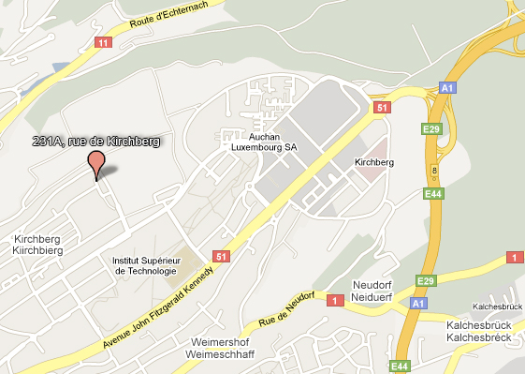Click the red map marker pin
[95, 163]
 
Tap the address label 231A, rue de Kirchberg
[91, 141]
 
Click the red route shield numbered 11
[103, 42]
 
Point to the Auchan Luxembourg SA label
[263, 142]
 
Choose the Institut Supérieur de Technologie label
[144, 265]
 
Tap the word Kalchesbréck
[478, 337]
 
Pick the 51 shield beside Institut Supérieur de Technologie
[222, 256]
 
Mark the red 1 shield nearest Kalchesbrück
[514, 257]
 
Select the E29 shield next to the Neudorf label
[427, 280]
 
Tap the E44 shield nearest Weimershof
[400, 366]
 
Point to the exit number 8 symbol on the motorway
[433, 169]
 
